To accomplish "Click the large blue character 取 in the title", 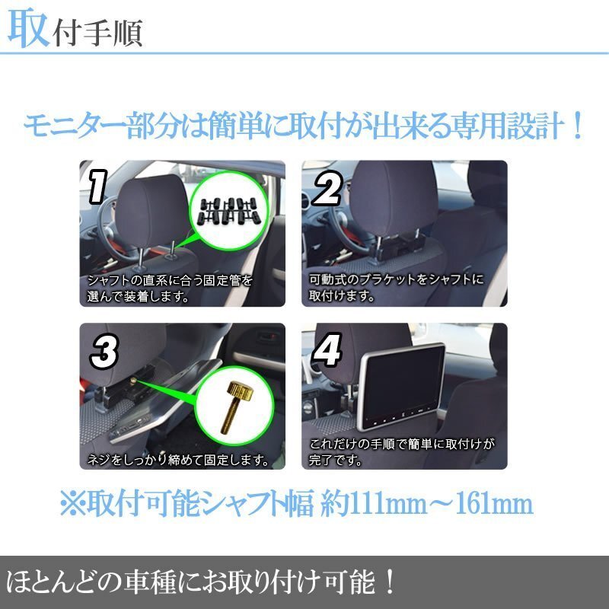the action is click(x=29, y=28).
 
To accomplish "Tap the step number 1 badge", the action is click(x=98, y=187).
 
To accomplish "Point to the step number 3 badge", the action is click(x=104, y=352).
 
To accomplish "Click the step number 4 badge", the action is click(x=327, y=349).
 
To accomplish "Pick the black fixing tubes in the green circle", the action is click(x=228, y=212).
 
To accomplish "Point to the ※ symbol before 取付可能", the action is click(x=72, y=504).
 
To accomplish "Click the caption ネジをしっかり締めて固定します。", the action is click(x=178, y=461).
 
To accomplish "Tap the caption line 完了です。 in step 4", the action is click(x=336, y=461).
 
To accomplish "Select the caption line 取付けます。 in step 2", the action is click(x=342, y=296).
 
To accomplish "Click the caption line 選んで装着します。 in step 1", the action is click(x=139, y=297).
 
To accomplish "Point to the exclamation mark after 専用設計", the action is click(x=578, y=126).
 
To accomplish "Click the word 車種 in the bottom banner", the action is click(x=149, y=582).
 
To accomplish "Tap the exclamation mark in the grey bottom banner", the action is click(x=390, y=582).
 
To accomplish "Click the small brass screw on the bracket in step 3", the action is click(x=133, y=381).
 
